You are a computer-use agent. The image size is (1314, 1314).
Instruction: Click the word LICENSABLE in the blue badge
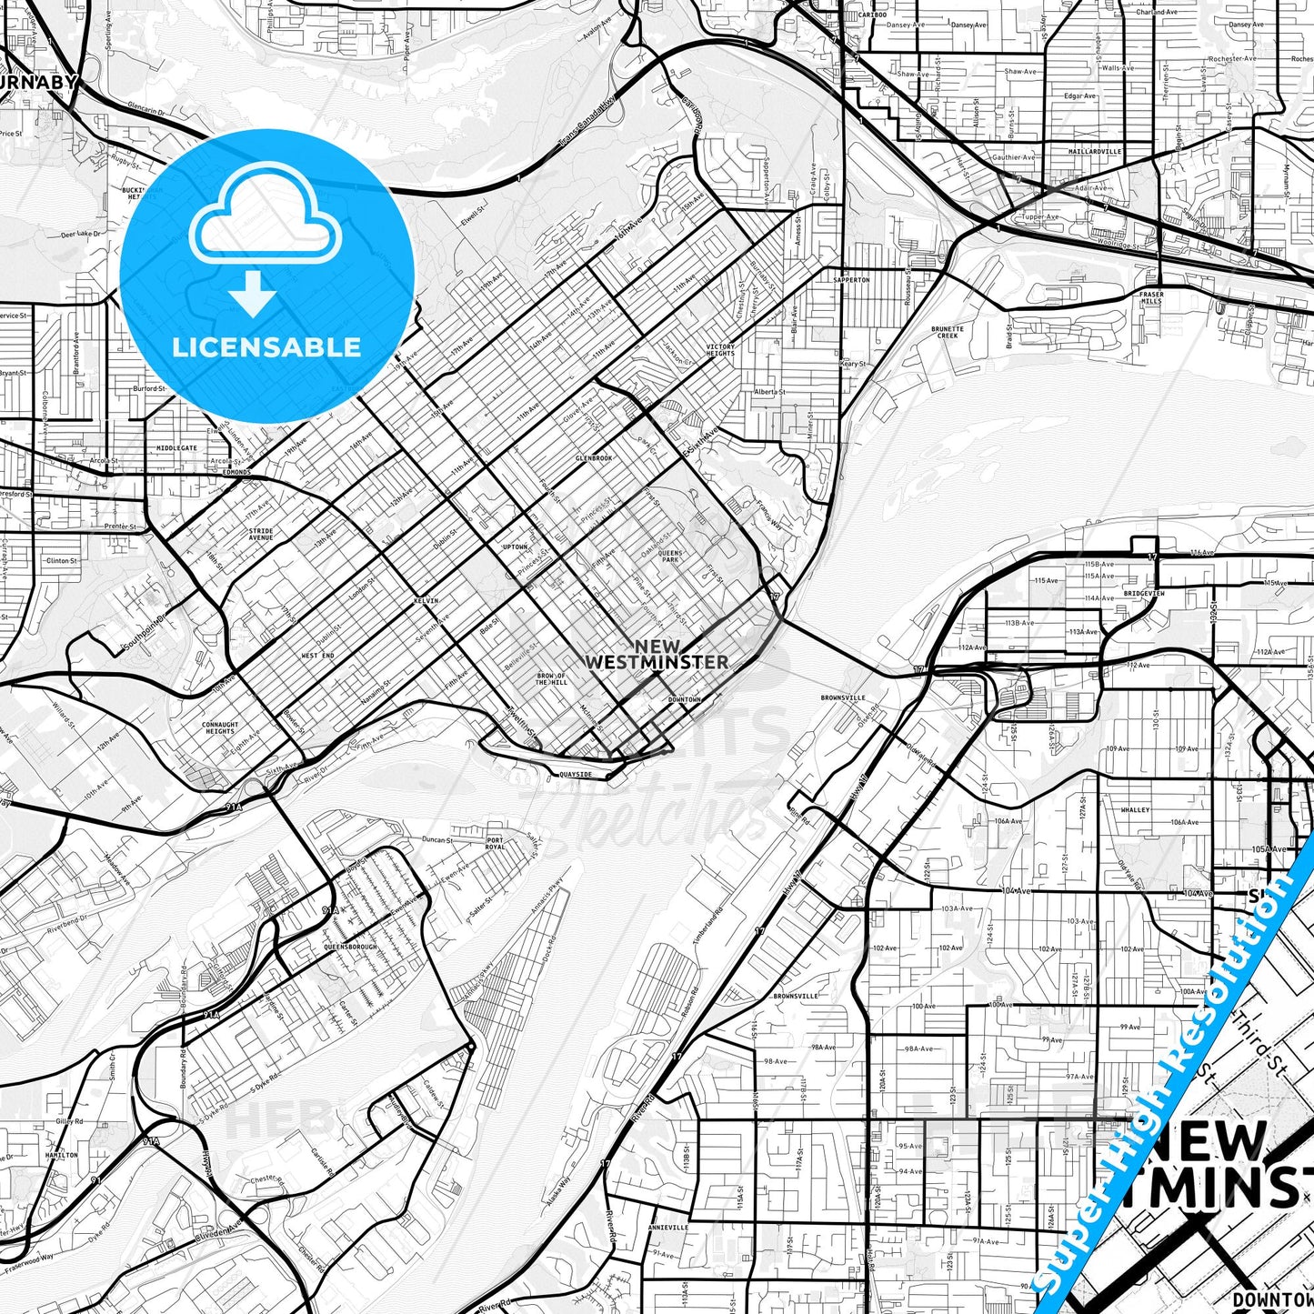point(266,347)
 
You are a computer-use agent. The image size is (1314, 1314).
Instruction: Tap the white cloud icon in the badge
point(265,218)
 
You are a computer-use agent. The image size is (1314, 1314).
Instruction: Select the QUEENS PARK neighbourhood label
point(669,556)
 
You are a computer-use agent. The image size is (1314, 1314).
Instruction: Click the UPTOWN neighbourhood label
point(515,547)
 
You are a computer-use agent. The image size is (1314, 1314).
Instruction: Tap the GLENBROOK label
point(594,458)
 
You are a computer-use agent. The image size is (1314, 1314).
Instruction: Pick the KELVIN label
point(426,601)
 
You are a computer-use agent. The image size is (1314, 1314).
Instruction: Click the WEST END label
point(317,655)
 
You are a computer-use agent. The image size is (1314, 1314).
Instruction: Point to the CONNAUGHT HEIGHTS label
point(220,727)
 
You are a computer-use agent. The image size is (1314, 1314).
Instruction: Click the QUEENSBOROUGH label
point(350,947)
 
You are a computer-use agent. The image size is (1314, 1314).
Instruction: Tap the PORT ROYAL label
point(495,843)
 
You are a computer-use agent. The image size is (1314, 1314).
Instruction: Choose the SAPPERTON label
point(851,280)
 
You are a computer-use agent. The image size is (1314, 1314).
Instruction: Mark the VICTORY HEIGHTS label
point(720,350)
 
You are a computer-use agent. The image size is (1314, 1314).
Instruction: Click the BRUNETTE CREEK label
point(948,332)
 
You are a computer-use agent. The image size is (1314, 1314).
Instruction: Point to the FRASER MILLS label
point(1151,297)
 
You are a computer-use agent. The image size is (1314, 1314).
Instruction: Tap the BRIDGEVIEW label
point(1144,593)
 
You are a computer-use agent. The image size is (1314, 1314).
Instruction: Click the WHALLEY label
point(1135,809)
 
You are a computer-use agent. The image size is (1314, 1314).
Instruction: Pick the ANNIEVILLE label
point(668,1227)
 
